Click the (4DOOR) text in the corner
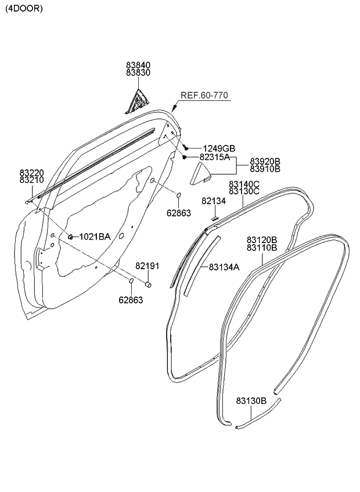24,9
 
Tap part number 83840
138,66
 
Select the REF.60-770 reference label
204,96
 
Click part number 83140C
244,184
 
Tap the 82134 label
214,201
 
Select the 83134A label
224,267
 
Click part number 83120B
262,240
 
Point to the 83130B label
251,400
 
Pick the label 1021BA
94,236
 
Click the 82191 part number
147,266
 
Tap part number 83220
31,172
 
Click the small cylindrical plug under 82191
148,284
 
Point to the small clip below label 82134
214,218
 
